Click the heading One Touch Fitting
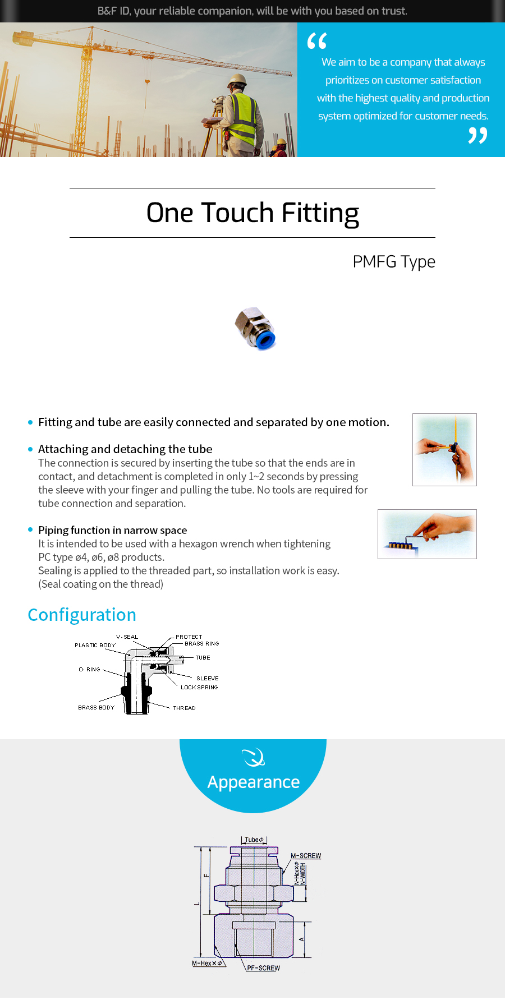coord(252,213)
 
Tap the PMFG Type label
coord(394,262)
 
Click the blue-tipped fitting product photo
coord(255,329)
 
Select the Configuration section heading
coord(82,615)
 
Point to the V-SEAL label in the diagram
coord(127,637)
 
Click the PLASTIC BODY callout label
coord(95,645)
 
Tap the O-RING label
coord(89,669)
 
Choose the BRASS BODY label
coord(96,707)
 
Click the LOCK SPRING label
coord(199,687)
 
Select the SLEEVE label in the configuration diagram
coord(207,678)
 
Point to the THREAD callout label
coord(184,708)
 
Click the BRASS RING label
coord(201,643)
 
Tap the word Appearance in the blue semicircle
coord(254,782)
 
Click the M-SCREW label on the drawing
coord(306,856)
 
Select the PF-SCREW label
coord(263,968)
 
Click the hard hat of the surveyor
coord(237,79)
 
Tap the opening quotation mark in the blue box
coord(317,41)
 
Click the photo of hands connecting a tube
coord(444,449)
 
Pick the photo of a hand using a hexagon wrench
coord(427,534)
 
